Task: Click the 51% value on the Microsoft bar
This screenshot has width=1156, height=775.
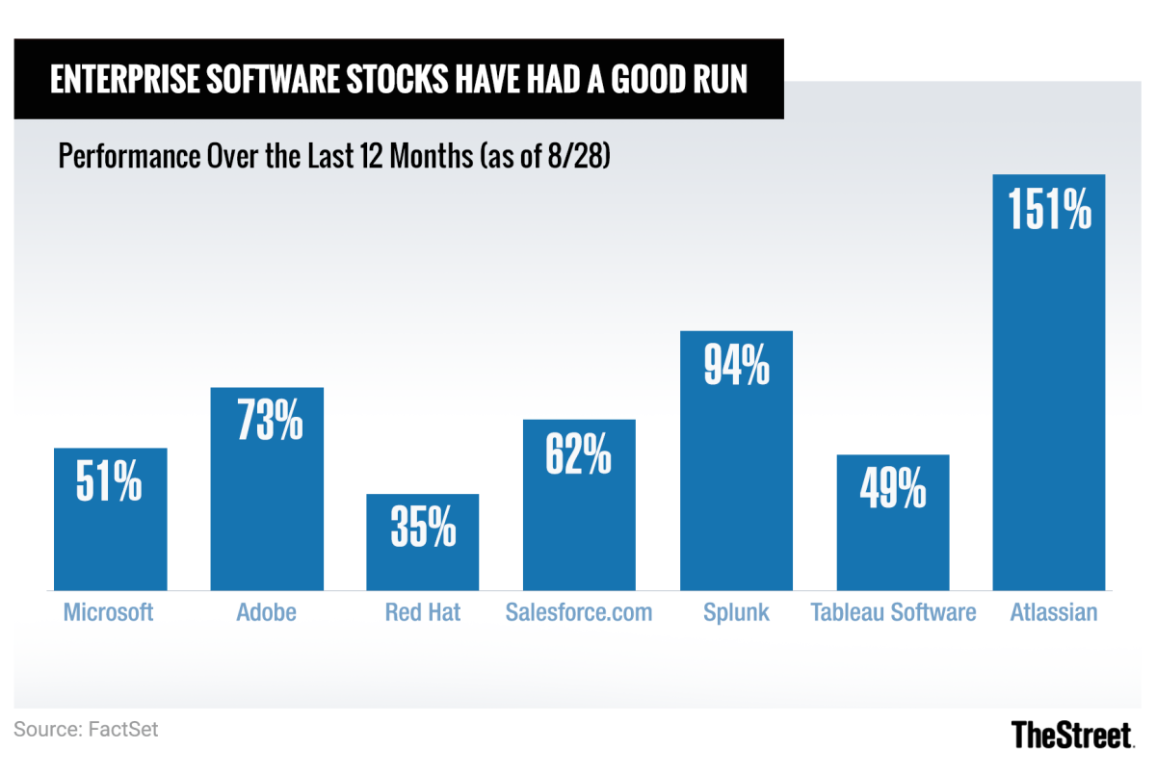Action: click(110, 482)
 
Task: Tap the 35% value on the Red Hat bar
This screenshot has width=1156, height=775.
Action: click(423, 528)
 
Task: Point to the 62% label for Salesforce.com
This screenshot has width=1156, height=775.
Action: click(578, 454)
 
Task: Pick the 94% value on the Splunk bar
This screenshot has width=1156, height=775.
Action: click(736, 366)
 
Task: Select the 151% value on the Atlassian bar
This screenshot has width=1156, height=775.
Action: click(1049, 209)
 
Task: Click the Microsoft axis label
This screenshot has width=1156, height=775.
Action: click(108, 612)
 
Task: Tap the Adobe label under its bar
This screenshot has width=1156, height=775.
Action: click(267, 612)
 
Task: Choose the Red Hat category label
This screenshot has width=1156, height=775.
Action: click(423, 612)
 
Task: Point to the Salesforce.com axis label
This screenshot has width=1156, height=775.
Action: click(579, 612)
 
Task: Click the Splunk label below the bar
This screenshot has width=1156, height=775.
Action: click(736, 612)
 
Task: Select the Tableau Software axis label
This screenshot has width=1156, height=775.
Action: click(893, 612)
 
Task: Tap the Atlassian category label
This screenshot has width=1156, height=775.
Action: click(1054, 612)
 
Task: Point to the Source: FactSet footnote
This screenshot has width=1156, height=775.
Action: click(86, 730)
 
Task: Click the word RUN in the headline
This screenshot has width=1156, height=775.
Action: click(716, 80)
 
